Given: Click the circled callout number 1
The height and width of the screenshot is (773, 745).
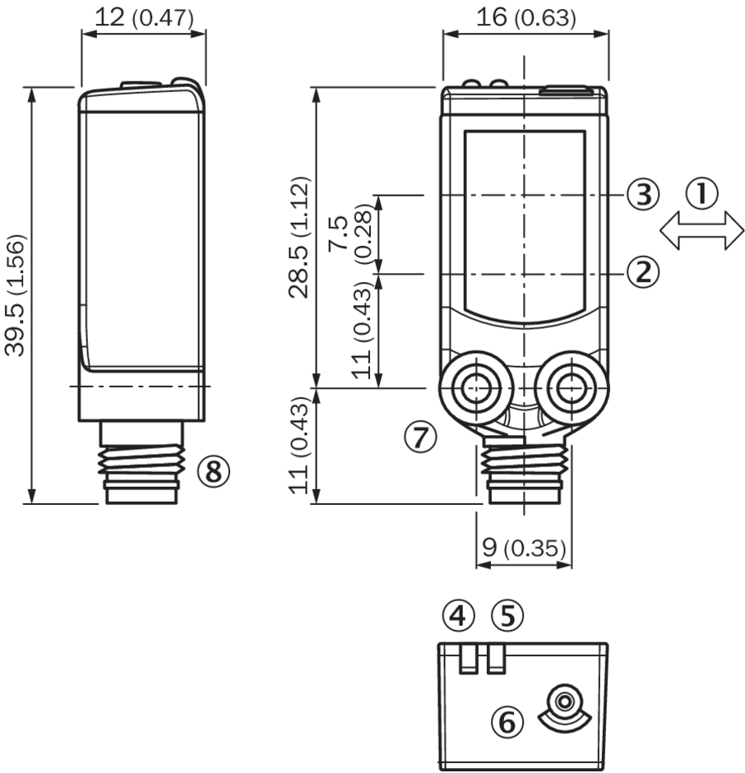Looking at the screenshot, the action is (x=701, y=192).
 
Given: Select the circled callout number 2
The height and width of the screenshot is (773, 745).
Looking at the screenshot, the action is (x=643, y=271).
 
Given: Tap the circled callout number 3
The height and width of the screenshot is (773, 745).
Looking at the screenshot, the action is (x=643, y=194).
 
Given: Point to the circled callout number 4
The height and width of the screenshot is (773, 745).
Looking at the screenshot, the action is (x=458, y=615).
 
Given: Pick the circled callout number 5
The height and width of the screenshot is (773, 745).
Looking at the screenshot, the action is (x=508, y=615).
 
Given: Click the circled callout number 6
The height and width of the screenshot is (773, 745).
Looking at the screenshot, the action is (x=507, y=722).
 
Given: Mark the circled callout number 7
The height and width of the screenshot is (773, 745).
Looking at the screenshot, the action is (x=420, y=437).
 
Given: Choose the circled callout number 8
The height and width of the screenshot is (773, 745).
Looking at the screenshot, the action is (x=214, y=471).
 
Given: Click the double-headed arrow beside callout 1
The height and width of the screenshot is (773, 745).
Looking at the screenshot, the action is (x=701, y=230).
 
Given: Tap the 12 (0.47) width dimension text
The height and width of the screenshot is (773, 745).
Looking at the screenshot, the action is (x=143, y=18).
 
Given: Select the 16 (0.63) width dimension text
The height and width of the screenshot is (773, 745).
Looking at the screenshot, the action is (x=525, y=17).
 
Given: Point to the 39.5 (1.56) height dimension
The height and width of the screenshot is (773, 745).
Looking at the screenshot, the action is (x=15, y=294).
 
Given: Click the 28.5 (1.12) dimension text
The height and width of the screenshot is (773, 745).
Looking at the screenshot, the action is (x=299, y=237).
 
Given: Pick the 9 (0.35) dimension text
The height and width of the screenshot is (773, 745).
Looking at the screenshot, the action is (x=524, y=547).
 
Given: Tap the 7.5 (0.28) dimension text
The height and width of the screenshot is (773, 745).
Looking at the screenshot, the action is (x=351, y=231).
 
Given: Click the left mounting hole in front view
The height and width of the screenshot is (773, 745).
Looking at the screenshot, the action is (x=476, y=388).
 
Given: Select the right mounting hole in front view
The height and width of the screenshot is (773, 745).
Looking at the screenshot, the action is (x=571, y=388).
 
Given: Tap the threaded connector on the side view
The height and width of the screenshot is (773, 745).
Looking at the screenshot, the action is (x=141, y=462).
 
